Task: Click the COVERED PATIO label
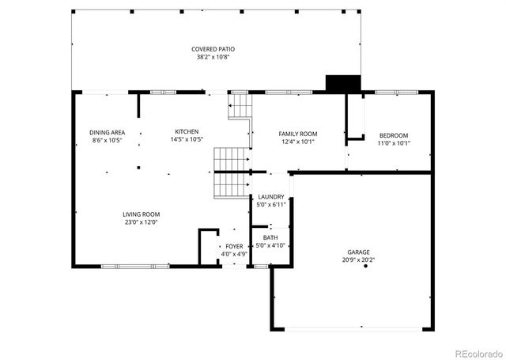[213, 49]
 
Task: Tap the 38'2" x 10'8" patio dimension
[213, 57]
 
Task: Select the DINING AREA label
[106, 132]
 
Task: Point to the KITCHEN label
[187, 131]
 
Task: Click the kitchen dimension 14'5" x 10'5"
[187, 139]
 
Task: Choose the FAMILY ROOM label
[298, 134]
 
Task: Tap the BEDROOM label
[393, 135]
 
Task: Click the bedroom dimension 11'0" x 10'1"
[393, 143]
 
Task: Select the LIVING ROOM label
[141, 214]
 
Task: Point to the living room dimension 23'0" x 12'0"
[141, 222]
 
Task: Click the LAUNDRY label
[271, 196]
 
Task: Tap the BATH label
[270, 237]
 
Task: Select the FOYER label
[234, 246]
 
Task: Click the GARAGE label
[357, 251]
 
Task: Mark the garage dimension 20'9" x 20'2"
[357, 260]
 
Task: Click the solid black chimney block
[342, 83]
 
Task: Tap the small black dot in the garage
[365, 267]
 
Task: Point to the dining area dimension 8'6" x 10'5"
[106, 140]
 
